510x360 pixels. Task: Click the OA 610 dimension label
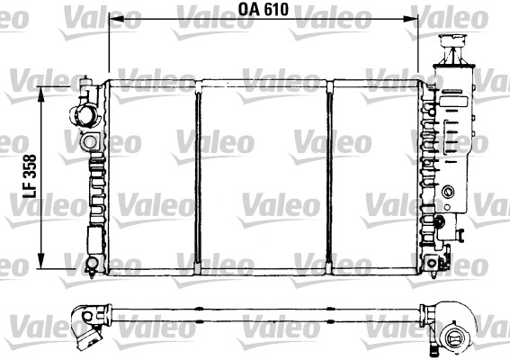[263, 11]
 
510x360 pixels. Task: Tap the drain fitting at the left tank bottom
[92, 263]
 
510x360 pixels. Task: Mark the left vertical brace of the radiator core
[196, 175]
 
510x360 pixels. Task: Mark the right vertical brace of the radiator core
[330, 175]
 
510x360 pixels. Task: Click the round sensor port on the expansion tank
[447, 192]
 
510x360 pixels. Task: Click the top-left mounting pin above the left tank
[86, 83]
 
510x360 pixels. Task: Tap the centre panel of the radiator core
[263, 175]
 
